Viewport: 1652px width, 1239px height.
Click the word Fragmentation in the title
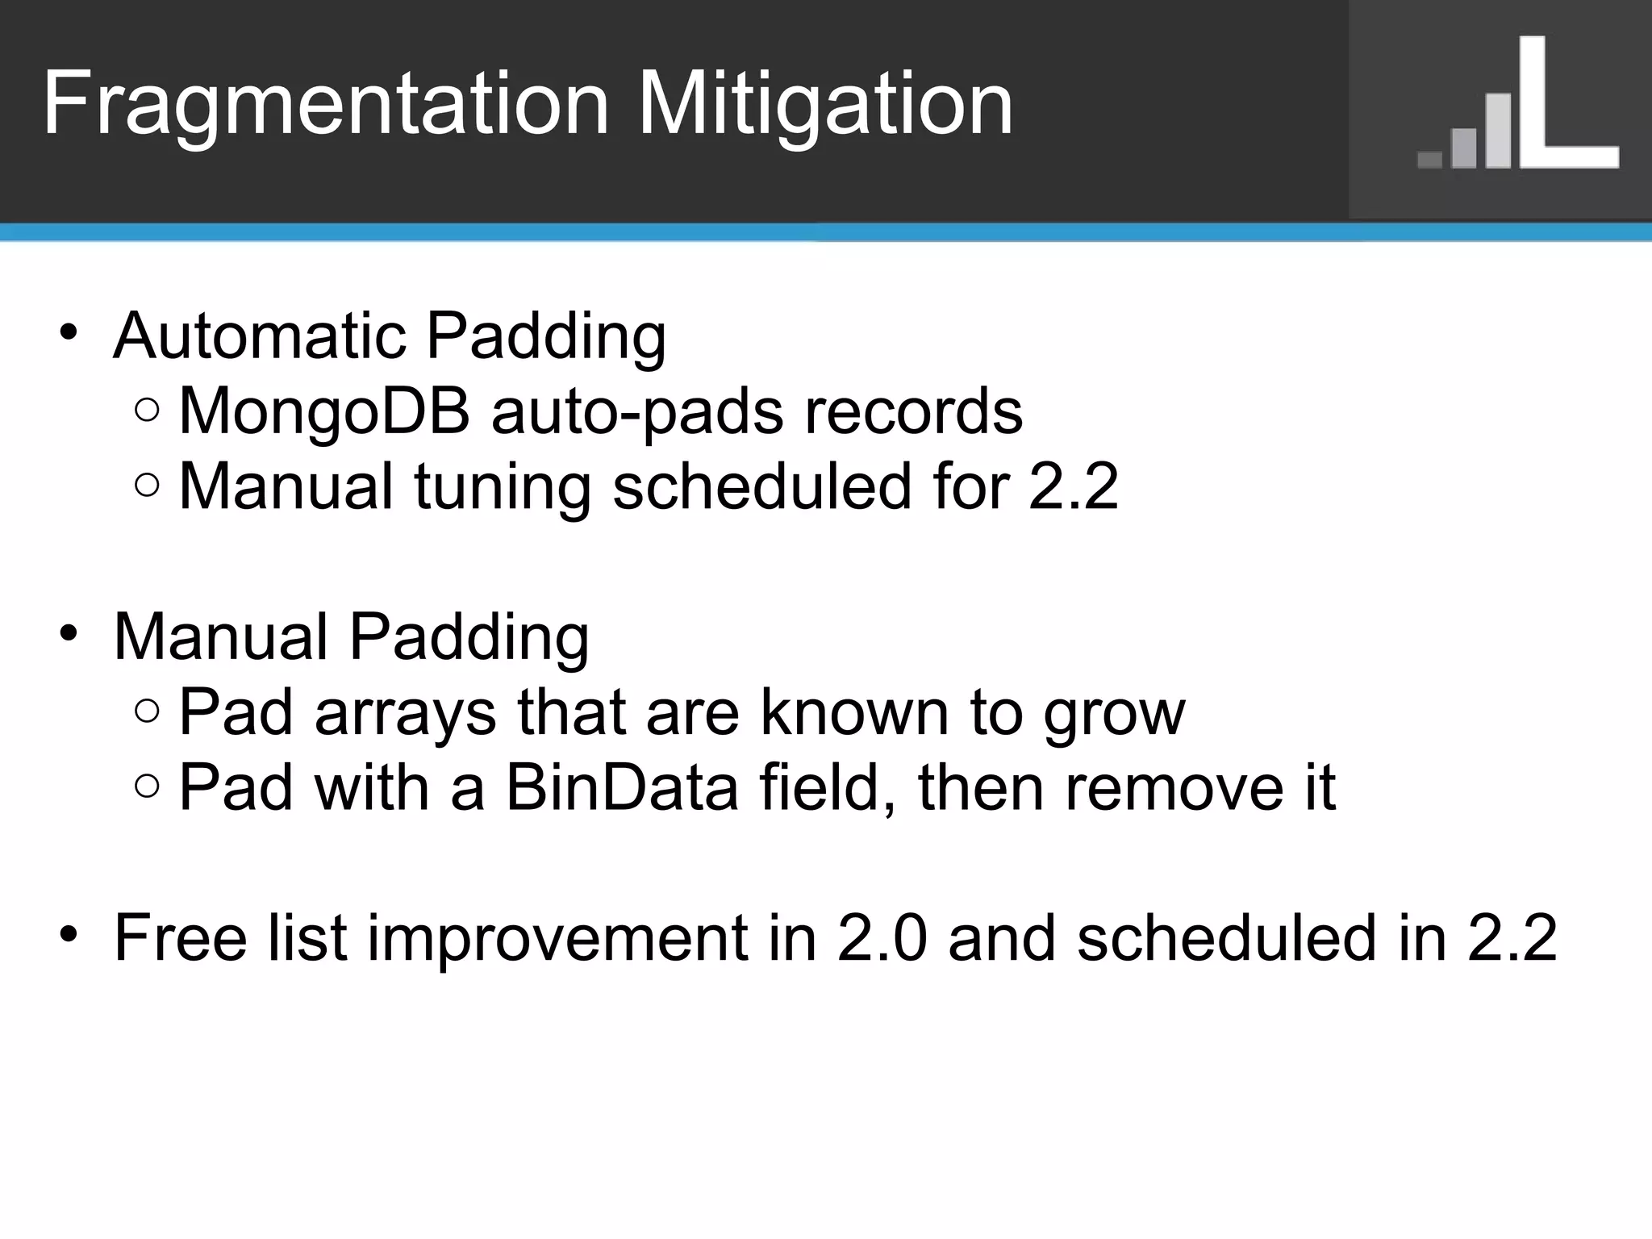324,105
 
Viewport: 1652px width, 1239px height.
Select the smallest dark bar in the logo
1429,159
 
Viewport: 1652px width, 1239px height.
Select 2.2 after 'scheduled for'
1074,486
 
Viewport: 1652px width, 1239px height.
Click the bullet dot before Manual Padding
69,632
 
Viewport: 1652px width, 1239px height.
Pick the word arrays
405,713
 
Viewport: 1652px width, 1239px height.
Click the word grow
1114,713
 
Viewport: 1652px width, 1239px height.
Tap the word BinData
622,787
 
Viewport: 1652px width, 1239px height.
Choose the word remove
1174,787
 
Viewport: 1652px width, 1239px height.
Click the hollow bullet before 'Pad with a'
148,786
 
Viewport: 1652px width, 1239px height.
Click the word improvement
557,939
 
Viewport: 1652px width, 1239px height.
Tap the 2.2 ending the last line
1512,937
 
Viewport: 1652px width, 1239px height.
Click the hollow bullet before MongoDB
148,410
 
